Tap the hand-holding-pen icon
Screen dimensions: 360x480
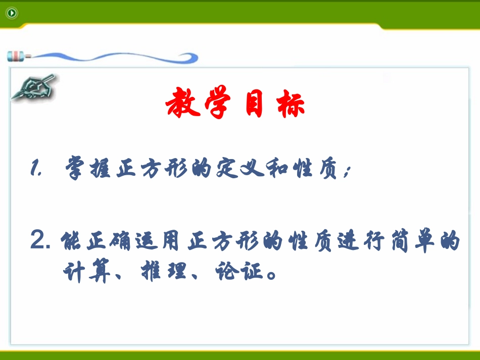[33, 87]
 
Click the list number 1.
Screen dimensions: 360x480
[35, 169]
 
